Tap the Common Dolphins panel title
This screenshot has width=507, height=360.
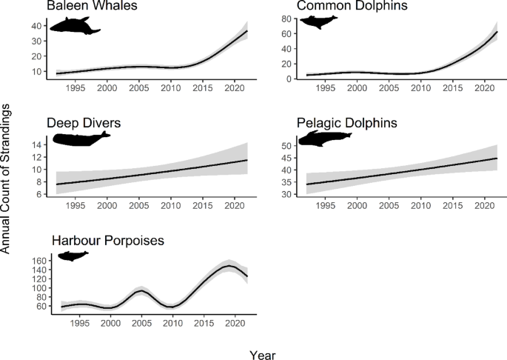click(343, 7)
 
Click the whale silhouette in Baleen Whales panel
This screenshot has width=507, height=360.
click(74, 28)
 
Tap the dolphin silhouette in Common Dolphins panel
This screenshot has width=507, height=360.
click(318, 21)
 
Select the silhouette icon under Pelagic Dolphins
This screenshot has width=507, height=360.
click(326, 139)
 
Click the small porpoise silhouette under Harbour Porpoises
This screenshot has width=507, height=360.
click(73, 256)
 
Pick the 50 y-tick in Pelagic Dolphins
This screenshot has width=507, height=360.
click(283, 147)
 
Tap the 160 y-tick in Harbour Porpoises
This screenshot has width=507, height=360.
click(38, 261)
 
